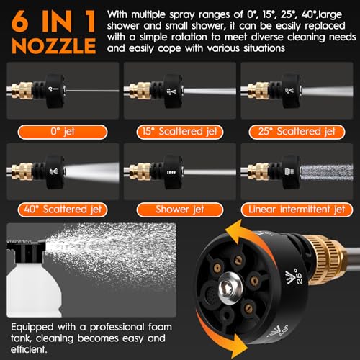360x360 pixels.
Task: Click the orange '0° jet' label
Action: (x=63, y=132)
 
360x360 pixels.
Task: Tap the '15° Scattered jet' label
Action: (x=180, y=132)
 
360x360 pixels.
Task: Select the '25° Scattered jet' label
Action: (x=297, y=132)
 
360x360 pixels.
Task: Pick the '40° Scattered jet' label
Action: (x=63, y=210)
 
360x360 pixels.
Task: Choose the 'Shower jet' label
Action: (x=180, y=210)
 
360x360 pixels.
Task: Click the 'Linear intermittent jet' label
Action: (x=297, y=210)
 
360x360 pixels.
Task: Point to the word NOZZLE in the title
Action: (x=54, y=46)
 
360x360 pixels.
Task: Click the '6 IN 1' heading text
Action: (x=53, y=22)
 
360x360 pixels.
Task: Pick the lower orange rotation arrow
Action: (x=222, y=336)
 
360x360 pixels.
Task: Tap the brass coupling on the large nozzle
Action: (x=325, y=261)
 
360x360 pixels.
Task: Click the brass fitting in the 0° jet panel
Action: (x=22, y=91)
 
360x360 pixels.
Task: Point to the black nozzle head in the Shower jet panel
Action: (x=174, y=172)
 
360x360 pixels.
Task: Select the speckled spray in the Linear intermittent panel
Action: (x=327, y=172)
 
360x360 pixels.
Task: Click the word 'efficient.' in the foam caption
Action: (x=29, y=349)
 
